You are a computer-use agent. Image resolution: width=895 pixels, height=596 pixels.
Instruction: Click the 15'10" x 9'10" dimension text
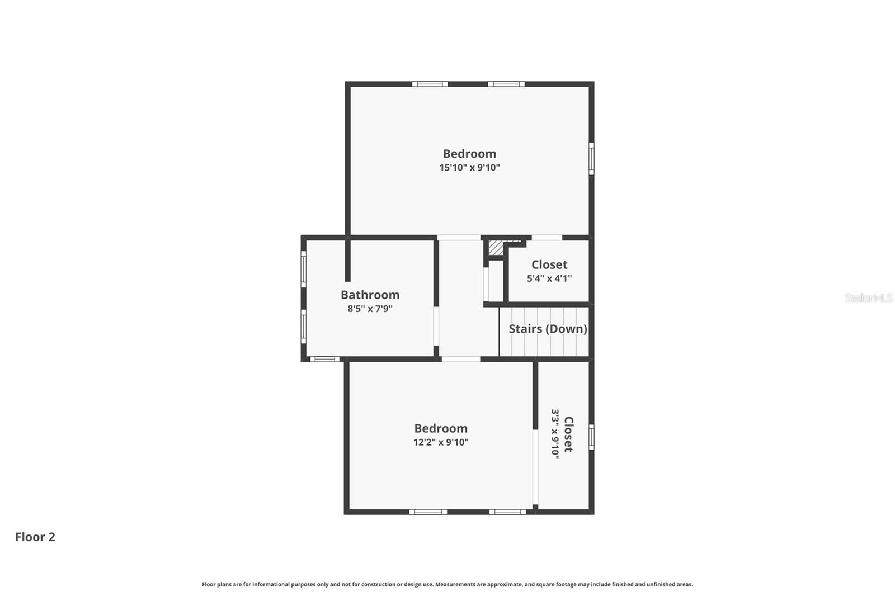click(x=469, y=168)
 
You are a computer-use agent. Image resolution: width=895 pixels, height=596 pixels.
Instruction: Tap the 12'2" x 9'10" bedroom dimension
click(x=441, y=442)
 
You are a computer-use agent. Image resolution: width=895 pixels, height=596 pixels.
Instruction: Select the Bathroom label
click(x=370, y=295)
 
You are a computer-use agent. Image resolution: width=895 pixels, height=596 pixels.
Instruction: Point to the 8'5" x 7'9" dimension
click(x=370, y=309)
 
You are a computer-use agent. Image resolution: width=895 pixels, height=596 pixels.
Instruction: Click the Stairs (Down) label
click(x=548, y=329)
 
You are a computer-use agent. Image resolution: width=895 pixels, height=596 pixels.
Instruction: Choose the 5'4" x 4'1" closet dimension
click(x=549, y=278)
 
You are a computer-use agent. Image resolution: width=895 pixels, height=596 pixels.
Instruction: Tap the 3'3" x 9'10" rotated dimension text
click(x=555, y=434)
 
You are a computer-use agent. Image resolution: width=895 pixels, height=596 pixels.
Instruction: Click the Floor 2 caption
click(x=35, y=537)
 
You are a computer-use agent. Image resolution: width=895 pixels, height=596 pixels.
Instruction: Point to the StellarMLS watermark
click(x=868, y=298)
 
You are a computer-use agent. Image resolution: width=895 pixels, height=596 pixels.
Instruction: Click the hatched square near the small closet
click(x=496, y=248)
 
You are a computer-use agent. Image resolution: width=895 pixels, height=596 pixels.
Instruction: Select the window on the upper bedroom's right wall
click(x=591, y=159)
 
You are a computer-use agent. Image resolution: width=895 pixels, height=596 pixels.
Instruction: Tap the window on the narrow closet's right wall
click(x=591, y=437)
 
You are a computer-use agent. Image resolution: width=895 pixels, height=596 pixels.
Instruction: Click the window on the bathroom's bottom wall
click(x=324, y=359)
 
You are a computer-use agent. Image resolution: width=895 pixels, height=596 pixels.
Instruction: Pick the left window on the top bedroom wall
click(x=430, y=84)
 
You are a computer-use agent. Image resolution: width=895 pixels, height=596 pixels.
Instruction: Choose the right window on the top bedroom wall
click(x=506, y=84)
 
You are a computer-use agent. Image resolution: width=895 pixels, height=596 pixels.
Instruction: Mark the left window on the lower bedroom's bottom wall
click(x=428, y=512)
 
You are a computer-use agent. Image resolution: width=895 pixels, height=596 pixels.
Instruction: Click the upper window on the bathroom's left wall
click(x=304, y=268)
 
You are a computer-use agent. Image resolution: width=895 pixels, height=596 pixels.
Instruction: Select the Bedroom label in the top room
click(x=469, y=154)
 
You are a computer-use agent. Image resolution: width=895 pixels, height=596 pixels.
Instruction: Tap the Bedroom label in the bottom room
click(x=441, y=428)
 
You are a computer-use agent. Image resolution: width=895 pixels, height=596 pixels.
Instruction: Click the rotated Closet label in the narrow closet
click(x=568, y=434)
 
